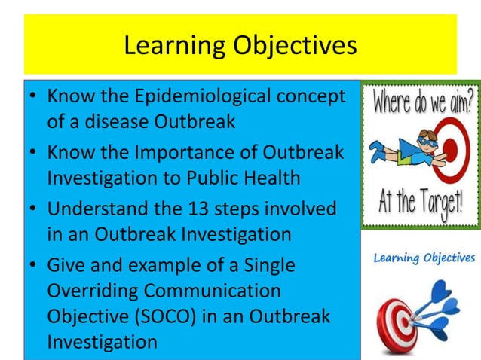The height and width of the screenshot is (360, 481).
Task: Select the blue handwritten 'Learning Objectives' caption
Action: click(424, 258)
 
